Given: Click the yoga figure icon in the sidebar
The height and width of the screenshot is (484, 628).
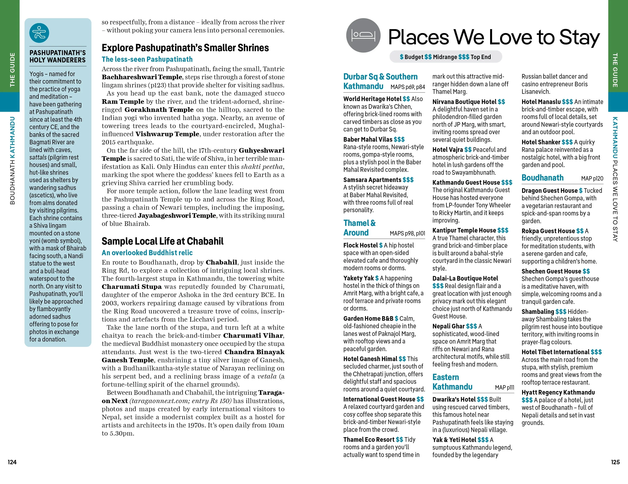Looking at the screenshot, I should [x=39, y=33].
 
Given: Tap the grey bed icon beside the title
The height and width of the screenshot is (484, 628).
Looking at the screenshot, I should [x=363, y=35].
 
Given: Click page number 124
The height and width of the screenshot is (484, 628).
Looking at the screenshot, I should [x=12, y=462].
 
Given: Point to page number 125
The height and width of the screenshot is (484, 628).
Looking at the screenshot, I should [x=615, y=462].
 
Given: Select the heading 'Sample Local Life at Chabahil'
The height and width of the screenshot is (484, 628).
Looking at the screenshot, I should [x=162, y=241].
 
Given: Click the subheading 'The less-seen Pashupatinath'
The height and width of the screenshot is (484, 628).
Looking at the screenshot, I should [x=147, y=59].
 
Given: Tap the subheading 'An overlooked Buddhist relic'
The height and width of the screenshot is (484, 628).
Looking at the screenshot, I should [x=147, y=253].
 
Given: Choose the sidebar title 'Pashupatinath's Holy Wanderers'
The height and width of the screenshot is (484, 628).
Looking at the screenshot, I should [x=58, y=56].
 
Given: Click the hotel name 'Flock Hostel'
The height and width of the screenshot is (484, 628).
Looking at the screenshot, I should [x=360, y=245].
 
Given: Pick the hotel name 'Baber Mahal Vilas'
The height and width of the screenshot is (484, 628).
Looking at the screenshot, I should [x=368, y=139].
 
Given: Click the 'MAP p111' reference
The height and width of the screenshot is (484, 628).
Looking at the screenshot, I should [x=504, y=387].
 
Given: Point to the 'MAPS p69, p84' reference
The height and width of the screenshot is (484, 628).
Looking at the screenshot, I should [x=407, y=87].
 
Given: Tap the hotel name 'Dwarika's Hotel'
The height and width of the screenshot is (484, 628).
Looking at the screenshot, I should [x=454, y=399].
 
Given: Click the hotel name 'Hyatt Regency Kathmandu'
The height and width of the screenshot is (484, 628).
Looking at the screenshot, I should [x=558, y=392].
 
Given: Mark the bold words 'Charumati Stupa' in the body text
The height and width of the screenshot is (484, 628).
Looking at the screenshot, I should [x=132, y=287].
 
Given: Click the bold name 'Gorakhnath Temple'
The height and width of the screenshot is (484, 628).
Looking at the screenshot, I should [x=159, y=110].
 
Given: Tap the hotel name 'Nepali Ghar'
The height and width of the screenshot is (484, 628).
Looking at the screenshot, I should [x=448, y=326].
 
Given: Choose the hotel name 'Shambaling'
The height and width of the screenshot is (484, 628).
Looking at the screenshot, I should [x=537, y=312].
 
